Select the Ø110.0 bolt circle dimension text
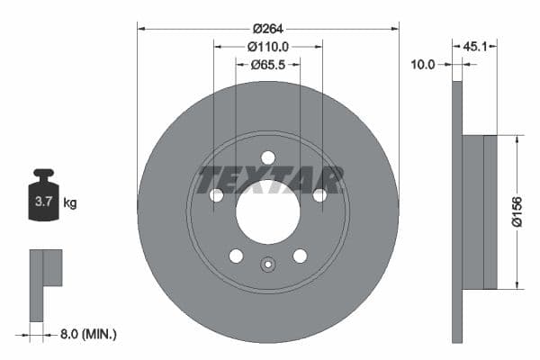268,46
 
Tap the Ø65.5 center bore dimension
268,65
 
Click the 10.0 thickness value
423,65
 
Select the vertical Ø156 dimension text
517,212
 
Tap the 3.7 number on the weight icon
43,202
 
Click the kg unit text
70,203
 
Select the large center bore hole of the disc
267,211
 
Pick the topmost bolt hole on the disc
267,157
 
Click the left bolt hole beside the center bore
216,195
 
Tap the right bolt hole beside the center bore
319,195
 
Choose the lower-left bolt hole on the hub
236,256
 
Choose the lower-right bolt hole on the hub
300,256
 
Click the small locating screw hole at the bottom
267,265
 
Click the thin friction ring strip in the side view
456,212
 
